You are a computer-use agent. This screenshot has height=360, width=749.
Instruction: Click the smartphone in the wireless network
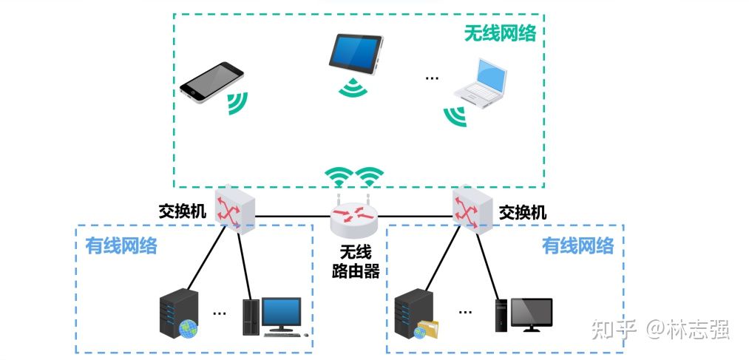point(211,81)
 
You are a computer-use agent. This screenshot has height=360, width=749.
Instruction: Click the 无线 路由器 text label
point(355,262)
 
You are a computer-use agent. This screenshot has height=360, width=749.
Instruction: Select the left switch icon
point(234,208)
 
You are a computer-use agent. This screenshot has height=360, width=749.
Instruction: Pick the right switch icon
point(472,208)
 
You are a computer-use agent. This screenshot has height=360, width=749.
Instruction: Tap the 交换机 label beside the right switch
point(523,213)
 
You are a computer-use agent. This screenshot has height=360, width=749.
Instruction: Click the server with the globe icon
point(179,315)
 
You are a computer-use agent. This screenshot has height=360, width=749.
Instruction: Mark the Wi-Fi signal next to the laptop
point(454,115)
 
